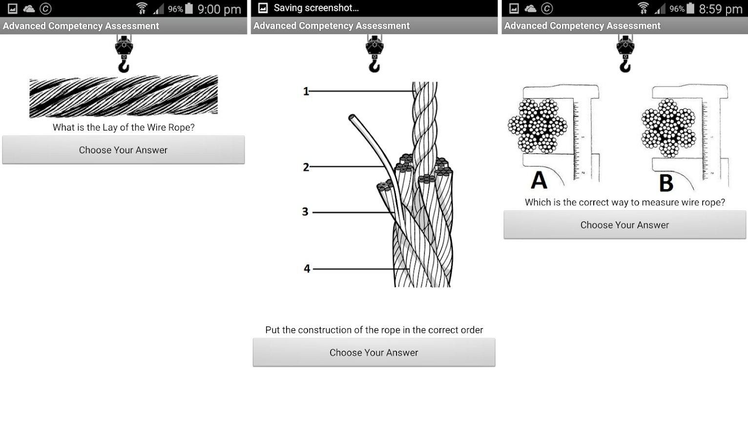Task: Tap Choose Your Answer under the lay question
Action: click(123, 150)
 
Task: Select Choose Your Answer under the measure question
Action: click(625, 225)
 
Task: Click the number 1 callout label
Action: click(306, 91)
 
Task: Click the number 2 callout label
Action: click(306, 167)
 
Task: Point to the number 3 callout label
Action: click(305, 212)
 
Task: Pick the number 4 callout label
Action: click(307, 268)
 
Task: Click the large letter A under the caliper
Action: click(539, 180)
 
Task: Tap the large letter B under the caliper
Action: click(666, 183)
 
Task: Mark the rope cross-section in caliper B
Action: click(668, 128)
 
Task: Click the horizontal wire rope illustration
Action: click(124, 96)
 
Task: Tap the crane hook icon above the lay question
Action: click(124, 53)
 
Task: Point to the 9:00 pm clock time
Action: click(219, 9)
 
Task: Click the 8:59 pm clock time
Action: click(721, 9)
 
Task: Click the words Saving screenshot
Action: click(316, 8)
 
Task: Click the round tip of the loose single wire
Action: click(352, 118)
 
